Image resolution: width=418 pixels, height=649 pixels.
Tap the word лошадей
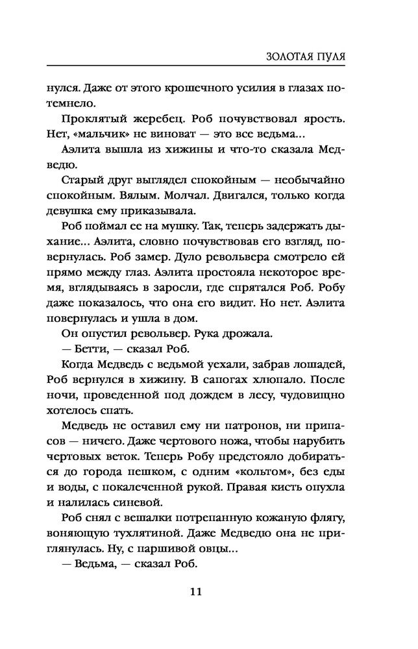click(328, 365)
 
